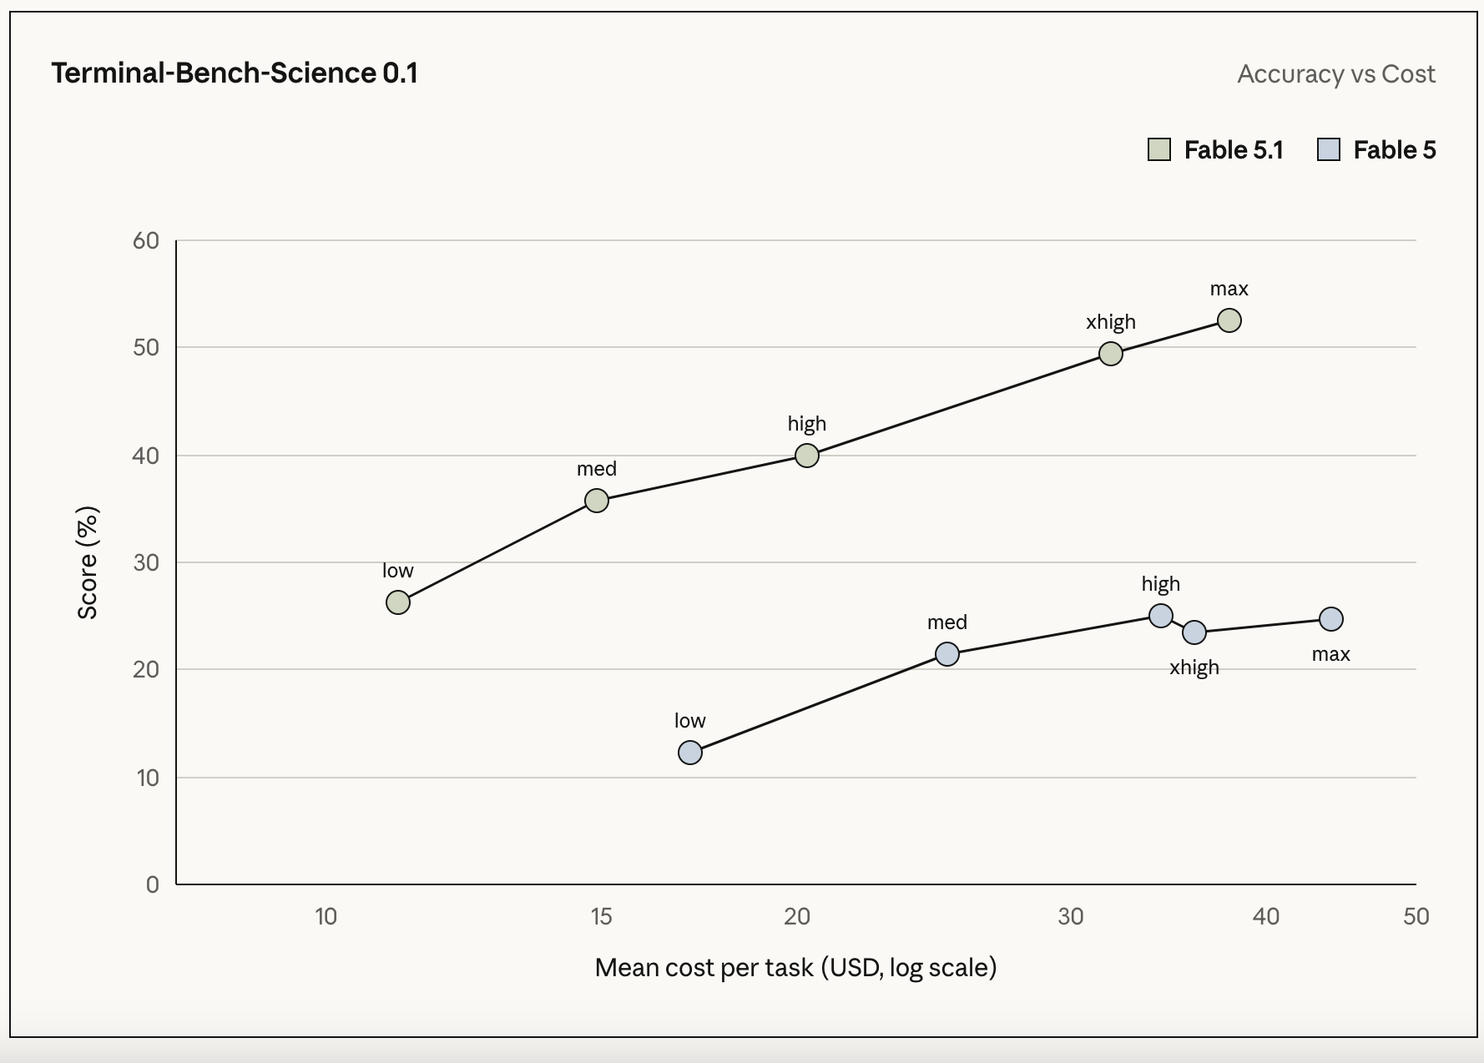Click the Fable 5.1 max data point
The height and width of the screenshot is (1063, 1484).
pyautogui.click(x=1229, y=320)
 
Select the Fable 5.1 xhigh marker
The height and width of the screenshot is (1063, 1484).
pyautogui.click(x=1110, y=354)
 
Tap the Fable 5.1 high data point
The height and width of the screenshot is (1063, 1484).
pyautogui.click(x=806, y=456)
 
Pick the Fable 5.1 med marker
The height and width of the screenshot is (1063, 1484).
pyautogui.click(x=596, y=501)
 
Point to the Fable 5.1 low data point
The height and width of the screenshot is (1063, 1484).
pyautogui.click(x=398, y=602)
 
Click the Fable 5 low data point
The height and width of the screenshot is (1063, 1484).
pyautogui.click(x=689, y=753)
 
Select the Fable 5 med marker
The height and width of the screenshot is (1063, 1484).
pyautogui.click(x=946, y=654)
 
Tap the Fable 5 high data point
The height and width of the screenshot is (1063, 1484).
pyautogui.click(x=1160, y=616)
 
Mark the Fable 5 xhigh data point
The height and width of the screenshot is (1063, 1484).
pyautogui.click(x=1194, y=632)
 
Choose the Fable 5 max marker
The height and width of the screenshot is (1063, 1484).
pyautogui.click(x=1330, y=619)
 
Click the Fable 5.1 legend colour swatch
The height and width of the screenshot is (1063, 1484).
pyautogui.click(x=1159, y=150)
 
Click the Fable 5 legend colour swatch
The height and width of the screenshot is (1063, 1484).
pyautogui.click(x=1329, y=150)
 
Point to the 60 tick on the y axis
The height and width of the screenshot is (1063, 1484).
pyautogui.click(x=146, y=241)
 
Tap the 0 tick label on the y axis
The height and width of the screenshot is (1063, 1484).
pyautogui.click(x=152, y=884)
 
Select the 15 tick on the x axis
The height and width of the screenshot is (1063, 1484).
pyautogui.click(x=601, y=917)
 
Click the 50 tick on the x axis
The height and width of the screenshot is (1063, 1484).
pyautogui.click(x=1416, y=917)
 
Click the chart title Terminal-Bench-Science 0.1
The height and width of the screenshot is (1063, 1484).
pyautogui.click(x=235, y=73)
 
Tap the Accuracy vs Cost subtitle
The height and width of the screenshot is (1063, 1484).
pyautogui.click(x=1336, y=74)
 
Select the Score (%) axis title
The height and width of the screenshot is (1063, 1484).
pyautogui.click(x=88, y=562)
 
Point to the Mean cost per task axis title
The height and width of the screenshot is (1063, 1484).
pyautogui.click(x=795, y=968)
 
